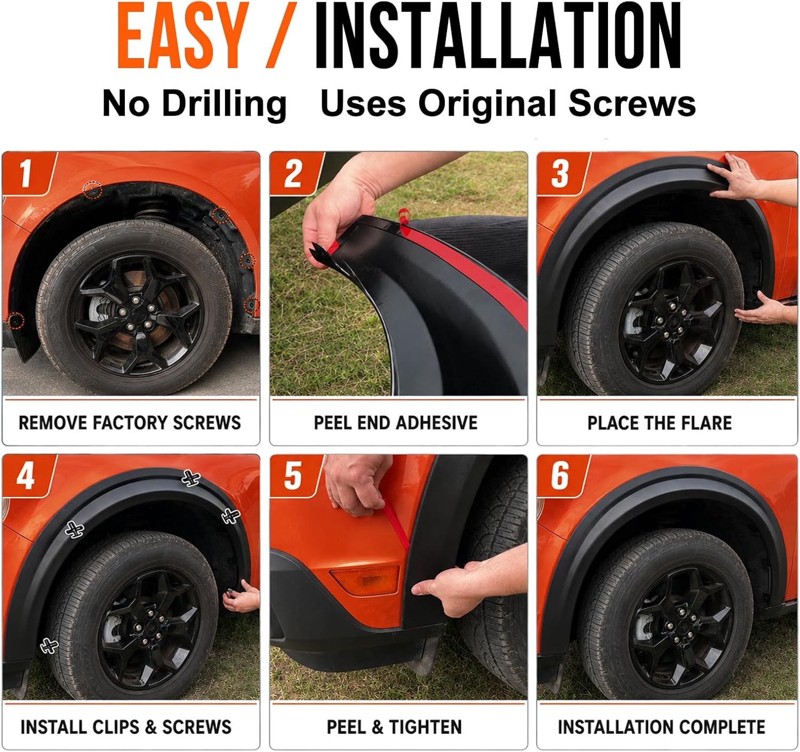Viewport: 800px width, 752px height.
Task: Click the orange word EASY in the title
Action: tap(183, 36)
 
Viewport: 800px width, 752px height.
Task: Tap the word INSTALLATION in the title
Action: tap(498, 36)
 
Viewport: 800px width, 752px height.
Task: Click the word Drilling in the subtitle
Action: tap(225, 105)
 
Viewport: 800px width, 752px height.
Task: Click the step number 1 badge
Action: tap(29, 173)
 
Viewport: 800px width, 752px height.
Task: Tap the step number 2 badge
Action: tap(295, 173)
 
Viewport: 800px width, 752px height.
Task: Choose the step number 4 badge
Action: tap(28, 476)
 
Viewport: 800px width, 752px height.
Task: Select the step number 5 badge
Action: tap(295, 476)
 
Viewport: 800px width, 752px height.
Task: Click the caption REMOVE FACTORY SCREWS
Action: tap(130, 423)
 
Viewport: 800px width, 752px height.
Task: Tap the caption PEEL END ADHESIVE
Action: tap(396, 423)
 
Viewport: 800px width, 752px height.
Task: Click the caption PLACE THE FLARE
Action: tap(660, 423)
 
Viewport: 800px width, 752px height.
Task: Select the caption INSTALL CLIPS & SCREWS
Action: tap(126, 727)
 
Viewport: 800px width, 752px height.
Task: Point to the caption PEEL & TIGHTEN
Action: tap(394, 727)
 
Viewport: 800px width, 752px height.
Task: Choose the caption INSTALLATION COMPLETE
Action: tap(661, 727)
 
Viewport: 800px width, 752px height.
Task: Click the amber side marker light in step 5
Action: tap(365, 580)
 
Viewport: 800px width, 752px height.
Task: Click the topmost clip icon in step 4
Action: tap(191, 478)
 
